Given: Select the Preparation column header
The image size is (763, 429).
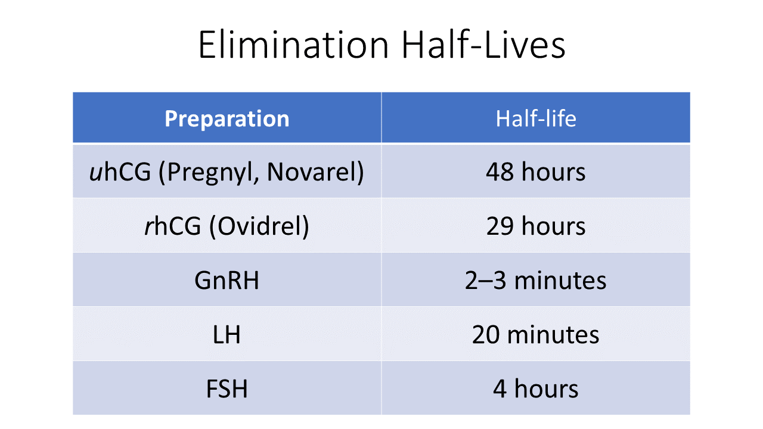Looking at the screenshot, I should (x=227, y=119).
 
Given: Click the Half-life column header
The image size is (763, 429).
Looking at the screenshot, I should (x=536, y=119).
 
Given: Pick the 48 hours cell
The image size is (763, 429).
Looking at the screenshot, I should (x=536, y=172).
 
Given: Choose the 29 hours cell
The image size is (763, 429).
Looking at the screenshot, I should (x=536, y=226).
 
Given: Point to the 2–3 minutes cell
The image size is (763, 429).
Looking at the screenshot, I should (x=536, y=281).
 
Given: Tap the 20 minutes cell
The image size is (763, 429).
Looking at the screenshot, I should (x=536, y=335).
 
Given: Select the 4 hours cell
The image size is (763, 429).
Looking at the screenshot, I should (x=536, y=389).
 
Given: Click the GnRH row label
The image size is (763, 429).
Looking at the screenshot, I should (x=227, y=281).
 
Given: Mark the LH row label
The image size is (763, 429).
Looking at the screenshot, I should (x=227, y=335).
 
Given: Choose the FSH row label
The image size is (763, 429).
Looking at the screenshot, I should (x=227, y=389).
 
